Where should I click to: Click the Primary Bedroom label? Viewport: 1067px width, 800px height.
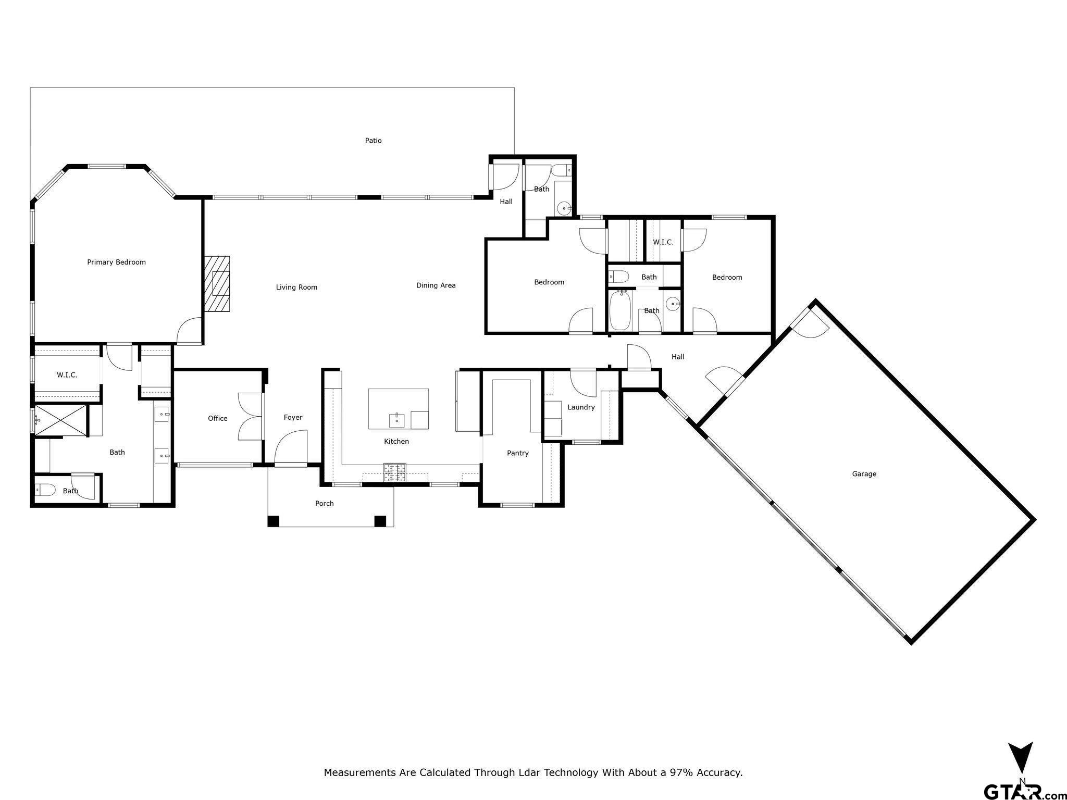tap(116, 262)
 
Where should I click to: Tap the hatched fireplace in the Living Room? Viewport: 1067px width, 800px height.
tap(217, 284)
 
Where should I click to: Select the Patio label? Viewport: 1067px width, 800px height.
tap(373, 141)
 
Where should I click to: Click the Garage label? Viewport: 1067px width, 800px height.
tap(864, 474)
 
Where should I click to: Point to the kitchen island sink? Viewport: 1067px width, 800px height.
tap(396, 419)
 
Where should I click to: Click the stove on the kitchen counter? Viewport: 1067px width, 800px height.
tap(395, 472)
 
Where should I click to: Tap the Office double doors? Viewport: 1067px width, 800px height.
tap(249, 417)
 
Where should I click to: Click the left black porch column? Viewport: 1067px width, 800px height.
tap(274, 521)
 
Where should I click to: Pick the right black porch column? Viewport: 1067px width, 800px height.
tap(380, 521)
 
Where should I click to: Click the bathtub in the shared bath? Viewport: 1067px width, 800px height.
tap(620, 311)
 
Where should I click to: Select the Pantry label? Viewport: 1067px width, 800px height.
tap(517, 453)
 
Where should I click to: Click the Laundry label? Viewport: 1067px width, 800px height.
tap(581, 407)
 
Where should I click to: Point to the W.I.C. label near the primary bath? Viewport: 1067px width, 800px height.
tap(67, 375)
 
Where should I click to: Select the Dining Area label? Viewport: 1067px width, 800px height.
tap(436, 285)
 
